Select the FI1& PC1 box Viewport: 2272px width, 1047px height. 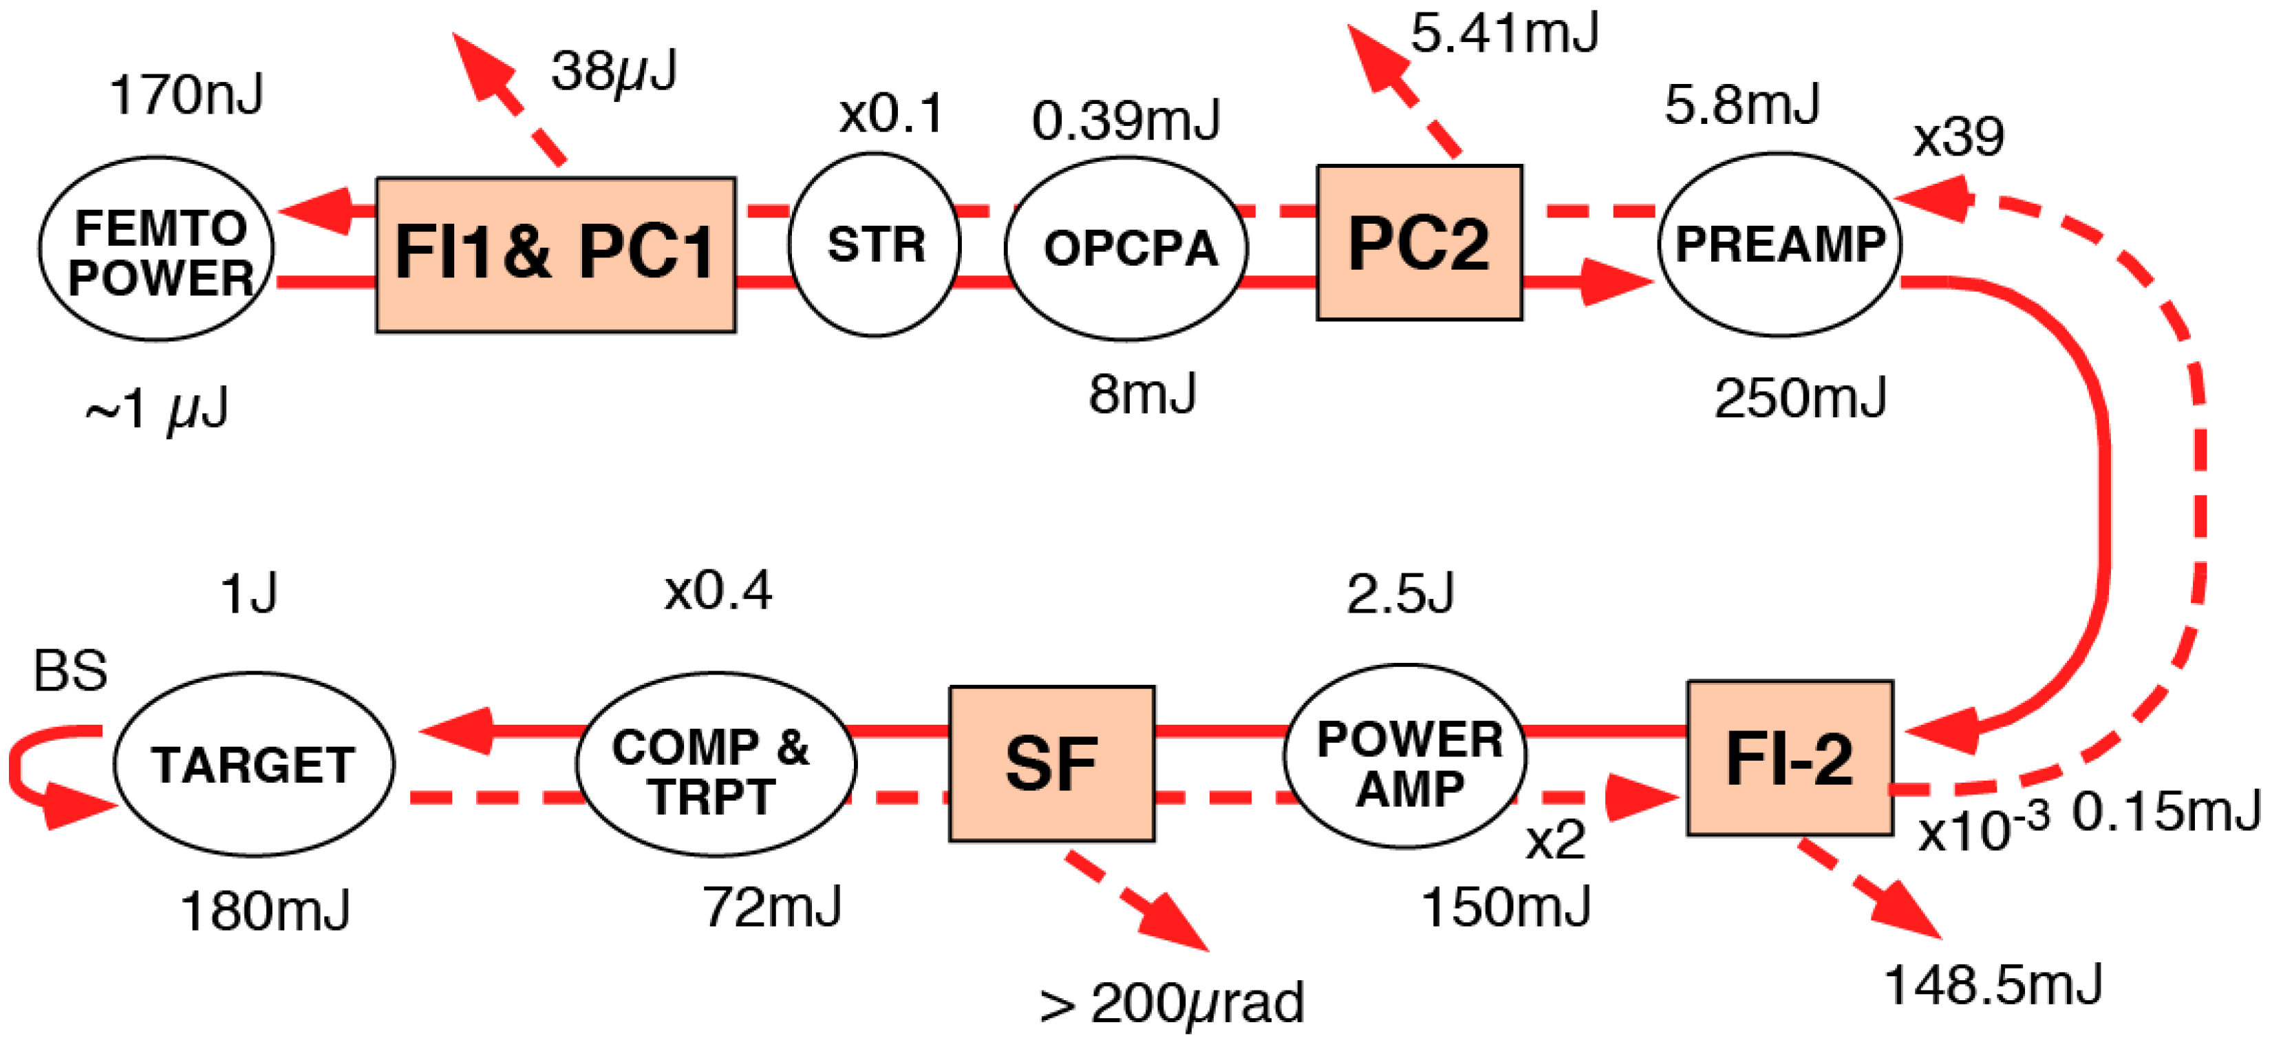556,254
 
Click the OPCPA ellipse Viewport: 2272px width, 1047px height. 1126,248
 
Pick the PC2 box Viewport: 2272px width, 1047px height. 1419,242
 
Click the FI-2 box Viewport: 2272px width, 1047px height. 1790,758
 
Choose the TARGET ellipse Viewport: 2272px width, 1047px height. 254,765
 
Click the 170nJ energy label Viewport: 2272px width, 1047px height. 186,95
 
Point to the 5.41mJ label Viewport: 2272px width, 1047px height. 1504,34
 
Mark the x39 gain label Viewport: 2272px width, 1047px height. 1958,138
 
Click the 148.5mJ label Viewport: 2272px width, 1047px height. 1993,984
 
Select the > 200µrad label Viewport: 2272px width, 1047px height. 1171,1004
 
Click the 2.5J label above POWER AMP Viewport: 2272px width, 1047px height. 1401,593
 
